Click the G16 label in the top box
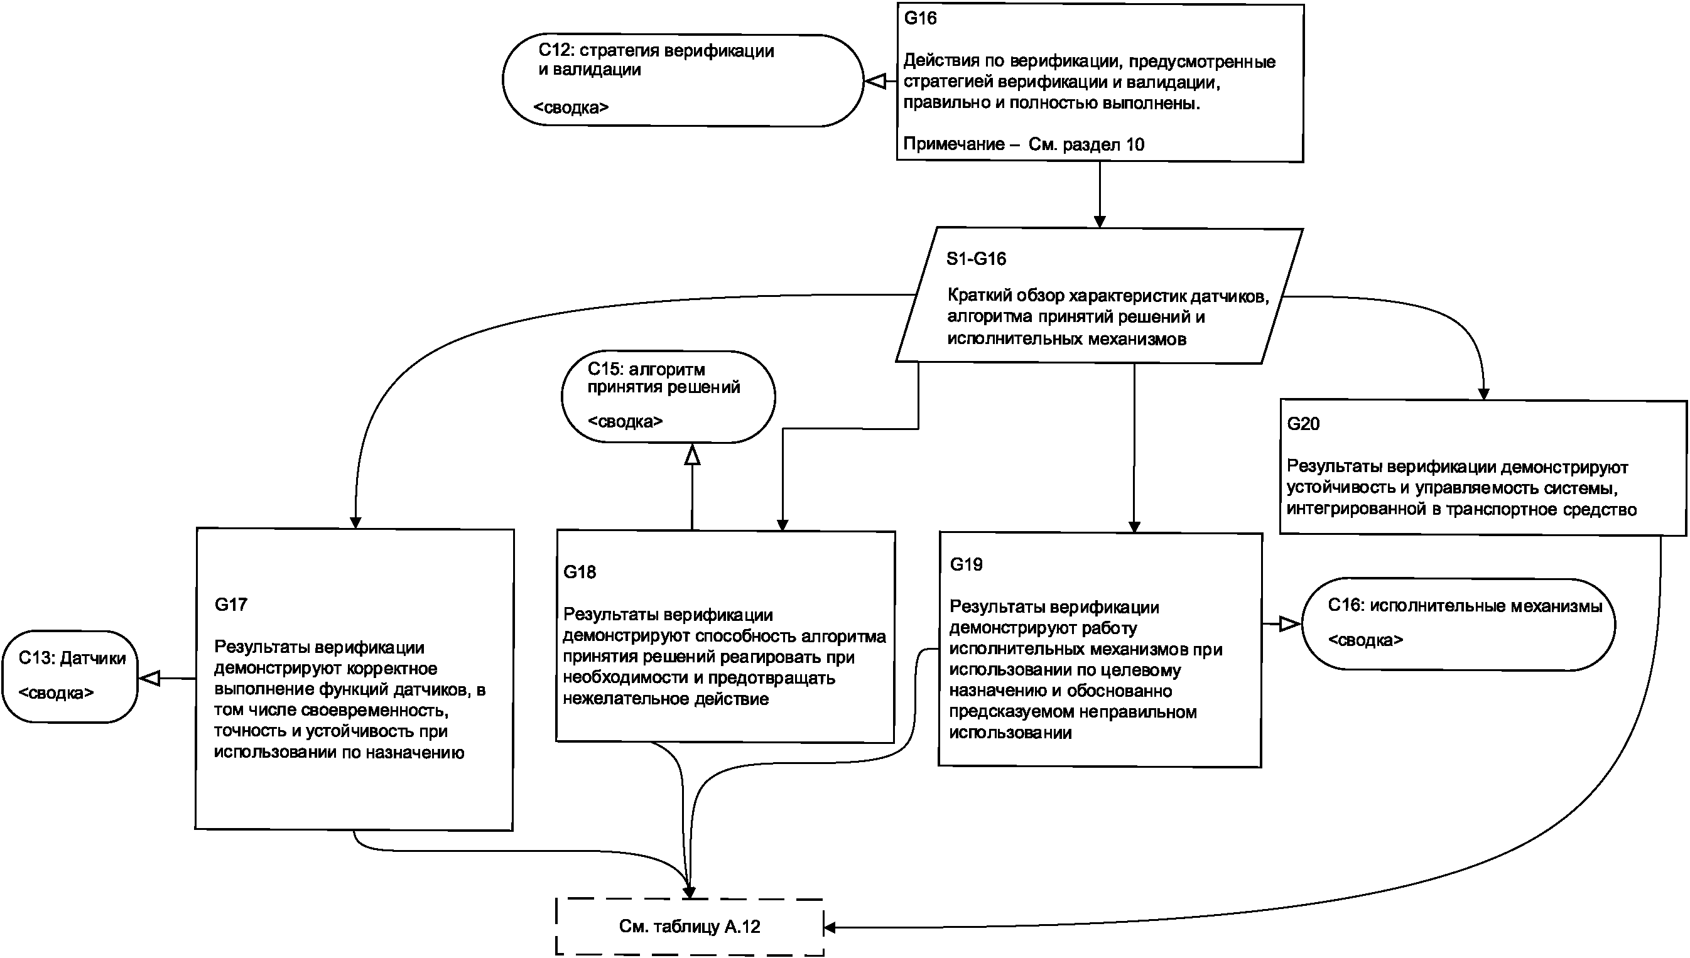(x=920, y=18)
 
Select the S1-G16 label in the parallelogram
(x=976, y=259)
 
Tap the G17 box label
(x=231, y=605)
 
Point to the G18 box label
(x=580, y=573)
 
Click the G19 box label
(x=966, y=564)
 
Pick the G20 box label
(x=1303, y=424)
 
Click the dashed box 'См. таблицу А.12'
(x=689, y=927)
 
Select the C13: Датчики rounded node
(x=70, y=676)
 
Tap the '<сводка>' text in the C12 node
(x=571, y=107)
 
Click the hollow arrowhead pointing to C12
(x=875, y=82)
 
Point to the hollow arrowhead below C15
(x=691, y=455)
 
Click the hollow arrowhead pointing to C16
(x=1290, y=624)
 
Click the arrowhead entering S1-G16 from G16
(x=1099, y=221)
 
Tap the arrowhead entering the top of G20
(x=1483, y=394)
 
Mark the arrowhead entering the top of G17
(x=355, y=522)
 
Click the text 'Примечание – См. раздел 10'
(x=1023, y=145)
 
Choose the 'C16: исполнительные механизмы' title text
(x=1465, y=606)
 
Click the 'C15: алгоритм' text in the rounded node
(x=646, y=370)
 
